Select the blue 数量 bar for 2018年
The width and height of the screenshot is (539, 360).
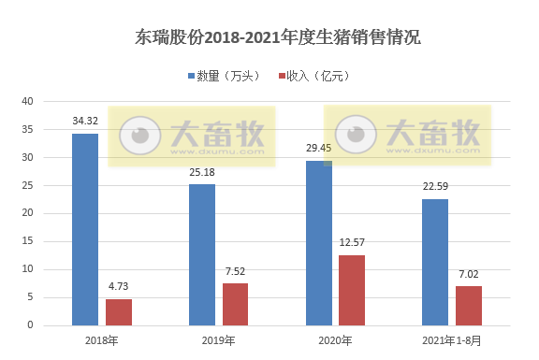(85, 229)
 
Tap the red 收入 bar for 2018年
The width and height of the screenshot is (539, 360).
(119, 312)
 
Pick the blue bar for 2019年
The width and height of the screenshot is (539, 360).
(202, 254)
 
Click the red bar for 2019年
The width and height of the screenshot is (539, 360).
(236, 304)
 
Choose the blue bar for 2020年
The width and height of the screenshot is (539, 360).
(319, 243)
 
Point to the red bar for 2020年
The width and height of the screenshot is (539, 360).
(352, 290)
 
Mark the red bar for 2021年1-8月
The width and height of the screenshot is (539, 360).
(469, 306)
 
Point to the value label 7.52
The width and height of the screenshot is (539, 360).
(236, 271)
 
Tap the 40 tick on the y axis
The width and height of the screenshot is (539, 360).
(27, 101)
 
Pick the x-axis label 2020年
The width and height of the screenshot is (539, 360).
(335, 340)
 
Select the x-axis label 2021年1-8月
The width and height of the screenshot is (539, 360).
(452, 340)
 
